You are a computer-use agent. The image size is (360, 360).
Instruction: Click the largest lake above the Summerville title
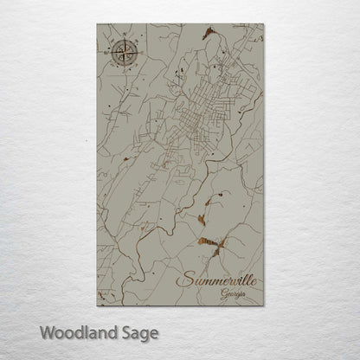[x=210, y=244]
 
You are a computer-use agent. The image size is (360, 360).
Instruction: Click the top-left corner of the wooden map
[x=97, y=23]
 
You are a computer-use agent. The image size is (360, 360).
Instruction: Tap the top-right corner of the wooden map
[x=264, y=23]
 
